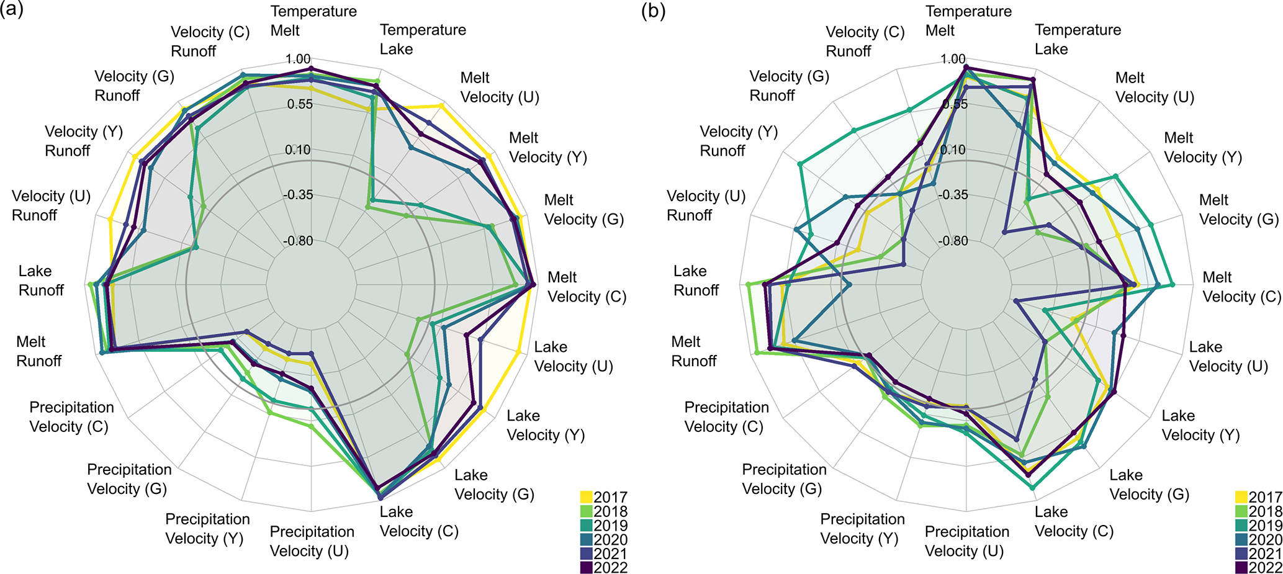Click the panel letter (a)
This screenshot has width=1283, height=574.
coord(12,11)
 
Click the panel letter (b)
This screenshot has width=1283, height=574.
coord(653,11)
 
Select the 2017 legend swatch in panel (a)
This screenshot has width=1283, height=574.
coord(587,497)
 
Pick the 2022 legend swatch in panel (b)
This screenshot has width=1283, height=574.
coord(1241,568)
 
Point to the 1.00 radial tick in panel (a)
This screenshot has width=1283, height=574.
coord(298,59)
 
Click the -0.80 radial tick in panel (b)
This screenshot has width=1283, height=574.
coord(953,241)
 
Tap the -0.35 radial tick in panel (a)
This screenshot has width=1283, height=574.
coord(298,195)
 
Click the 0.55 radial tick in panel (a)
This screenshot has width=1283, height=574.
coord(300,104)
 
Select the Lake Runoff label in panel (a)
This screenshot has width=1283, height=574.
coord(41,280)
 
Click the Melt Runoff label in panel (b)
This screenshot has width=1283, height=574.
coord(694,351)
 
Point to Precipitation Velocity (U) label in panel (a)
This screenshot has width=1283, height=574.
coord(312,541)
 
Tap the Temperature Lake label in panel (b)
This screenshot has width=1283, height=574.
coord(1078,39)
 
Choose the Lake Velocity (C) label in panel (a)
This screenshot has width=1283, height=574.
coord(419,521)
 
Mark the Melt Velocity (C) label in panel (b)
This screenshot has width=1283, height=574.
coord(1241,287)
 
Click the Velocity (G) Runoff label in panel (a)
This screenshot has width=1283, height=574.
coord(134,86)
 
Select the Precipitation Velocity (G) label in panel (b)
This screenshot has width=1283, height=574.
coord(784,479)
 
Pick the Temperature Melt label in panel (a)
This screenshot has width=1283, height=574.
coord(313,20)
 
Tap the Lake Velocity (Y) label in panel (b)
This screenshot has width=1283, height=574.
coord(1200,425)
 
